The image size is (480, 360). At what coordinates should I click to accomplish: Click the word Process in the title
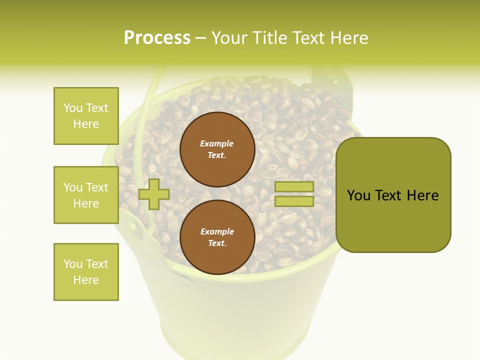point(157,38)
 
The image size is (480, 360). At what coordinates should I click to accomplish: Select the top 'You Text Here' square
point(86,116)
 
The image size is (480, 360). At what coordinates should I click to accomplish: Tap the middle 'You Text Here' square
point(86,195)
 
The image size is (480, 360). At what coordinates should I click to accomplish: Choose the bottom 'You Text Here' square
point(86,272)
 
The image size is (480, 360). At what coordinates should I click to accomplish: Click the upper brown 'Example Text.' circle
point(217,149)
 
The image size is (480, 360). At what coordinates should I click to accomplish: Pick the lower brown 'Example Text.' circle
point(217,237)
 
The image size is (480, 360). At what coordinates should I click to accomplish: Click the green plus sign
point(154,194)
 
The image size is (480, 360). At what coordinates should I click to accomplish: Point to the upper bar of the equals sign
point(294,187)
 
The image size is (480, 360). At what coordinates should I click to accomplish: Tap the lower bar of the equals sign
point(294,201)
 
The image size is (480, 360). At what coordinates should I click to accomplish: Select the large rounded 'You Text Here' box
point(393,195)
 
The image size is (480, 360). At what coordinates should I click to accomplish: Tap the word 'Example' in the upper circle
point(217,143)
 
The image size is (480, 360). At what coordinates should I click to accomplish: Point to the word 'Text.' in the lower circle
point(217,243)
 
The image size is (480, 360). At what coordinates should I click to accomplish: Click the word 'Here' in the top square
point(86,124)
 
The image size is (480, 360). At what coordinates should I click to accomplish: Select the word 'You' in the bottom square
point(73,264)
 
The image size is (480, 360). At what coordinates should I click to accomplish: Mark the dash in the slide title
point(201,38)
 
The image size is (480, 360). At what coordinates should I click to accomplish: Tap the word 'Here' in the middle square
point(86,203)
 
